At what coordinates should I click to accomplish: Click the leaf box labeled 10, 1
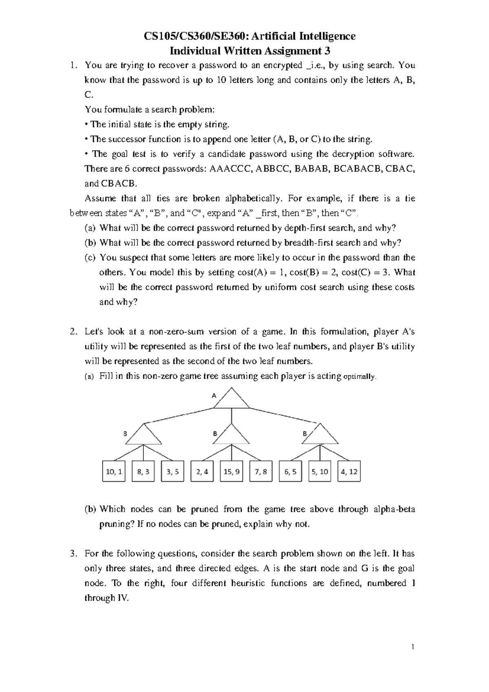(x=113, y=471)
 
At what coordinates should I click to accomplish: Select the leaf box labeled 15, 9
(x=231, y=471)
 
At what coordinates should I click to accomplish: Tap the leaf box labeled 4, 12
(x=349, y=471)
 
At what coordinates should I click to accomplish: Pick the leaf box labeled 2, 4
(x=202, y=471)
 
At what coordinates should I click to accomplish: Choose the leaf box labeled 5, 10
(x=319, y=471)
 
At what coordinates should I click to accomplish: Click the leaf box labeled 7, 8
(x=261, y=471)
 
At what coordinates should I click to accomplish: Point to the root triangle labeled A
(x=231, y=400)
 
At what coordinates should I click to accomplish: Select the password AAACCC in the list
(x=230, y=169)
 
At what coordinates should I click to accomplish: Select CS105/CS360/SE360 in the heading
(x=195, y=36)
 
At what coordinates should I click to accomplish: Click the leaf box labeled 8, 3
(x=143, y=471)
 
